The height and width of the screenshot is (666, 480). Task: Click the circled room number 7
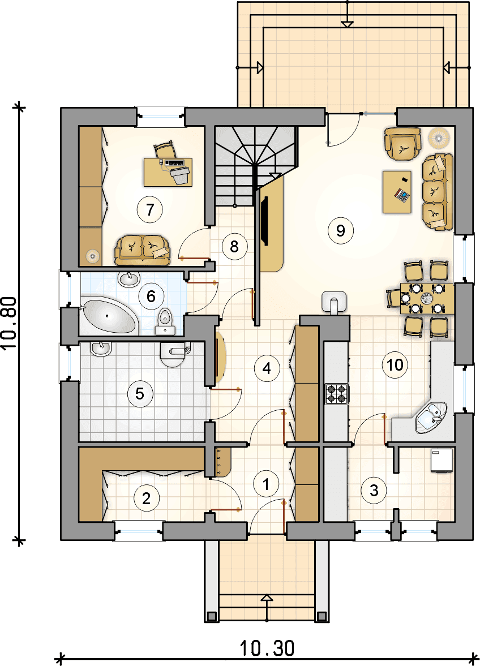click(x=149, y=209)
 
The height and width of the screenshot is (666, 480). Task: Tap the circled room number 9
click(x=340, y=230)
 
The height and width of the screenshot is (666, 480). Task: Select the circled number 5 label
click(x=140, y=394)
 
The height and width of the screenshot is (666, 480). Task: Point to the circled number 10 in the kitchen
click(x=395, y=364)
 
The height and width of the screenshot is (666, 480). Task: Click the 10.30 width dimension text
click(x=267, y=648)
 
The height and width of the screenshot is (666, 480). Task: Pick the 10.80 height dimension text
click(x=10, y=323)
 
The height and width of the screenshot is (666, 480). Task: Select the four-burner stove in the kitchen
click(x=336, y=393)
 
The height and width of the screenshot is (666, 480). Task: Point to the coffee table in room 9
click(x=397, y=192)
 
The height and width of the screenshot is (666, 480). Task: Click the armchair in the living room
click(x=402, y=145)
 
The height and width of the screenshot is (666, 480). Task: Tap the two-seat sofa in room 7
click(x=142, y=250)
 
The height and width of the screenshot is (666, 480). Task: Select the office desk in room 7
click(x=168, y=172)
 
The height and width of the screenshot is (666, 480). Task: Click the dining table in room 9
click(x=426, y=298)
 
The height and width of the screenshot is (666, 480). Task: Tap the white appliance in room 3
click(x=442, y=460)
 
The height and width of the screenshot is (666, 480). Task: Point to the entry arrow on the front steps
click(x=267, y=608)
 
